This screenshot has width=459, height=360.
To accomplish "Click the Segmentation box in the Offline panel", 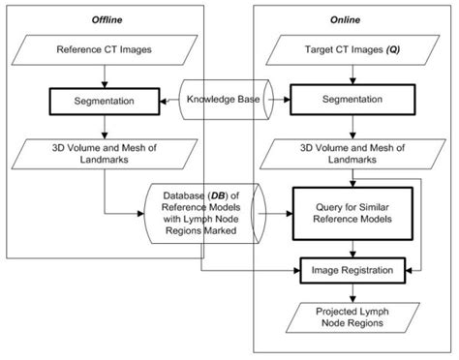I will tap(102, 100).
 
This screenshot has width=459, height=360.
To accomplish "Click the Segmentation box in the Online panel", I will tap(352, 100).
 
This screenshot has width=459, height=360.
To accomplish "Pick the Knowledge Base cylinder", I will tap(227, 99).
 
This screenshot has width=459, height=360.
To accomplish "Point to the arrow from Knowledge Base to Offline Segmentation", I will tap(169, 100).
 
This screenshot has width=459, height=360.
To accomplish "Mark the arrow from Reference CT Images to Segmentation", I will tap(102, 75).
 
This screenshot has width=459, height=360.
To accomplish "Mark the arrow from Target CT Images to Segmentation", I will tap(352, 75).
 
